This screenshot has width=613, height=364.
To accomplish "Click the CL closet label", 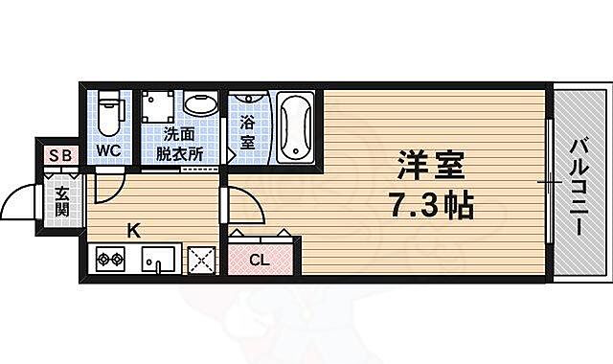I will pyautogui.click(x=259, y=259).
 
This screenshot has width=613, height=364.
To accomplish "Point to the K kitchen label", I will pyautogui.click(x=135, y=230).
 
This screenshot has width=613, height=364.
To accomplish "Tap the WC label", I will pyautogui.click(x=107, y=150).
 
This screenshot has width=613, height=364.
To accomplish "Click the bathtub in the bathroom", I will pyautogui.click(x=296, y=127).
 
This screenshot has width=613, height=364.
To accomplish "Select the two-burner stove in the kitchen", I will pyautogui.click(x=107, y=259).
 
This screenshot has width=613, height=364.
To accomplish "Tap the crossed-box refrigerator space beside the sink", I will pyautogui.click(x=202, y=259).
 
